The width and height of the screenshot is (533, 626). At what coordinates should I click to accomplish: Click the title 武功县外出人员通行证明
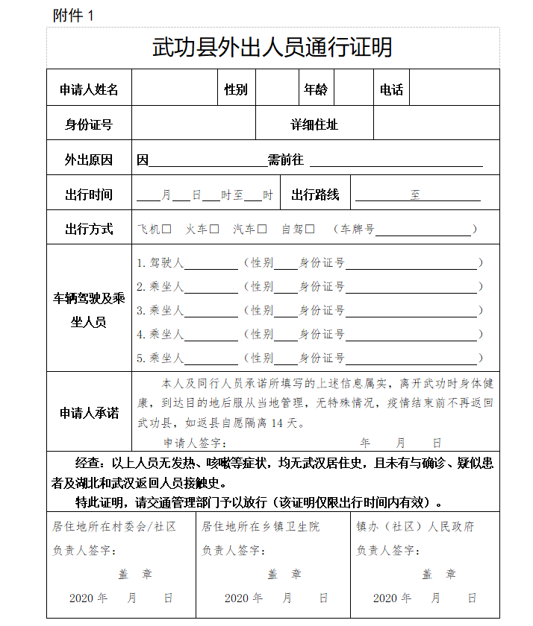(x=272, y=47)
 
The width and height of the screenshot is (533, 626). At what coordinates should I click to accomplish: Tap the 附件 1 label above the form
(x=74, y=16)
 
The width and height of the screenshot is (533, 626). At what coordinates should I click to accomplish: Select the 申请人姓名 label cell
(x=89, y=89)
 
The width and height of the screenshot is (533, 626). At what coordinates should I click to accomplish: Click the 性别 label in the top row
(x=236, y=89)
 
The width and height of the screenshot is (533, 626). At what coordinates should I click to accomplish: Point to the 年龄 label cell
(x=315, y=89)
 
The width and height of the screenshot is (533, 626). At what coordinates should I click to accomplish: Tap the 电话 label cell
(x=391, y=89)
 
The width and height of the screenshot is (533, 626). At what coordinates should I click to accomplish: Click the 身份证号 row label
(x=89, y=124)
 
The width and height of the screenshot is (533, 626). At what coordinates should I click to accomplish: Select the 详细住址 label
(x=314, y=124)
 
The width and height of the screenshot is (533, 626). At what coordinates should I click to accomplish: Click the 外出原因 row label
(x=89, y=159)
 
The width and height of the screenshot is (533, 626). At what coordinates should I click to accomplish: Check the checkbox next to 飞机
(x=167, y=230)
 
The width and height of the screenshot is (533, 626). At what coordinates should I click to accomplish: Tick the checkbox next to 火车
(x=214, y=230)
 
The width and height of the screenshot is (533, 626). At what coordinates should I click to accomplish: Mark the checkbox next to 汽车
(x=262, y=230)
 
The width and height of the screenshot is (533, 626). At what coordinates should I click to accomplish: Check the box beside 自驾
(x=310, y=230)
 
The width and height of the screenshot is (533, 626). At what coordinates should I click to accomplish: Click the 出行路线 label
(x=315, y=195)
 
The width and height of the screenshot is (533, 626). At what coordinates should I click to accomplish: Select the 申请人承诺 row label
(x=89, y=412)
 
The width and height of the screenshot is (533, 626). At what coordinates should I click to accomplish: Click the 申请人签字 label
(x=190, y=443)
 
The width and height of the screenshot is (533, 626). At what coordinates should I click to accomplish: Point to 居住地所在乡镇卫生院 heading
(x=261, y=527)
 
